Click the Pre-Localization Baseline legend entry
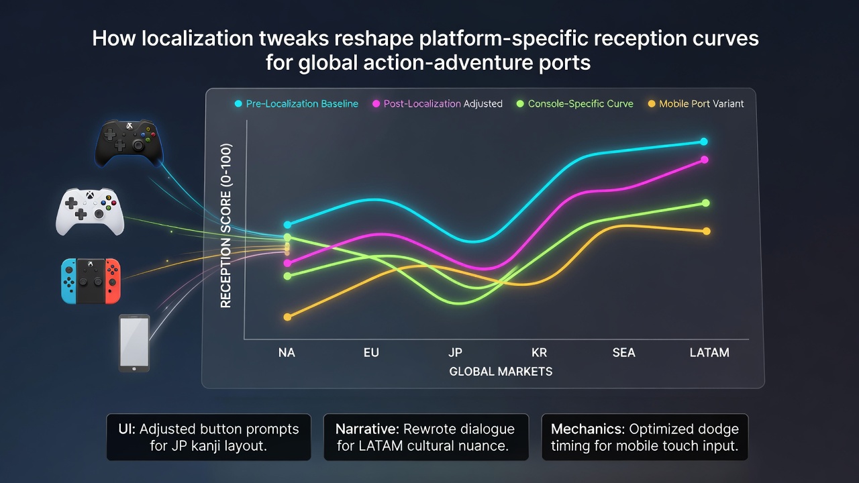(297, 104)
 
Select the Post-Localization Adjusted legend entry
(437, 104)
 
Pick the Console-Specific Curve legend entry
(575, 104)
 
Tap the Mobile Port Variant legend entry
(696, 104)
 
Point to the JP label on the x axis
(455, 353)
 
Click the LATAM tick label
(709, 353)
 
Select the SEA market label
(623, 353)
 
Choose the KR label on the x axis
(539, 353)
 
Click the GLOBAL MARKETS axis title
(501, 372)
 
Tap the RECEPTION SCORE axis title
(226, 226)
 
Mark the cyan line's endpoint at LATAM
(704, 142)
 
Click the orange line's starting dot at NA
(287, 317)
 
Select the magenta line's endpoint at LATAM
(705, 160)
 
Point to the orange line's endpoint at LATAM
(707, 231)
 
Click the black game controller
(129, 143)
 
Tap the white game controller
(90, 211)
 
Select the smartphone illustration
(134, 343)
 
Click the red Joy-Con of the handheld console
(113, 281)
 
